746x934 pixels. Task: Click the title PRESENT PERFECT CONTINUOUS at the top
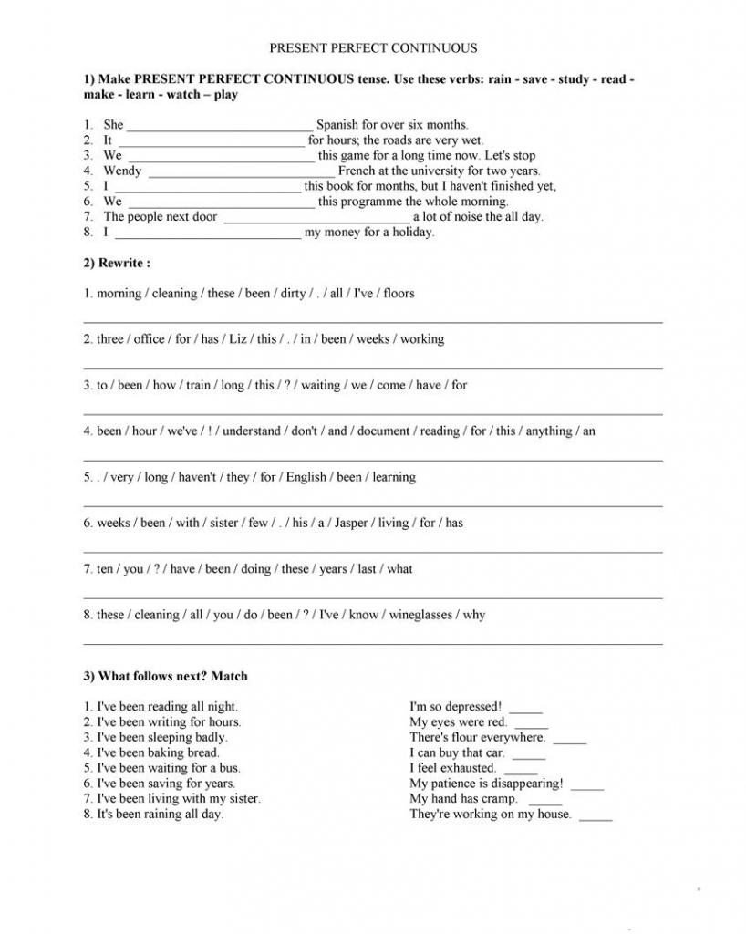pyautogui.click(x=373, y=48)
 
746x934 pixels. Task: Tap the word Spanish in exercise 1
pyautogui.click(x=339, y=125)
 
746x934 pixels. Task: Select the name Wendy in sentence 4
pyautogui.click(x=122, y=171)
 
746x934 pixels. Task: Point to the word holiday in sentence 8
pyautogui.click(x=413, y=233)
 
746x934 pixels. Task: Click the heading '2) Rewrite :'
pyautogui.click(x=117, y=263)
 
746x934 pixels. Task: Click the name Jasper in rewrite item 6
pyautogui.click(x=351, y=524)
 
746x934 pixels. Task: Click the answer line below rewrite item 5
pyautogui.click(x=373, y=505)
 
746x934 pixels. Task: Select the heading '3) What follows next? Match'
pyautogui.click(x=165, y=676)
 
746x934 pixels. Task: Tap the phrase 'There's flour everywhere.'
pyautogui.click(x=477, y=737)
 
